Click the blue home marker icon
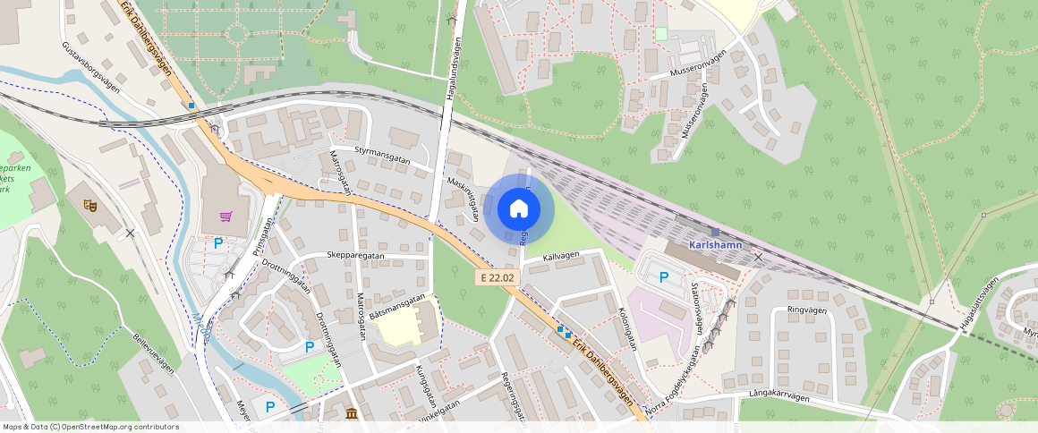[x=518, y=209]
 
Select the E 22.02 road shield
[x=497, y=277]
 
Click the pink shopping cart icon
[x=225, y=216]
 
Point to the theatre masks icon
[x=89, y=205]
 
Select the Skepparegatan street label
[x=355, y=255]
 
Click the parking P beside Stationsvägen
[x=663, y=277]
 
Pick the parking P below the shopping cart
[x=217, y=242]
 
